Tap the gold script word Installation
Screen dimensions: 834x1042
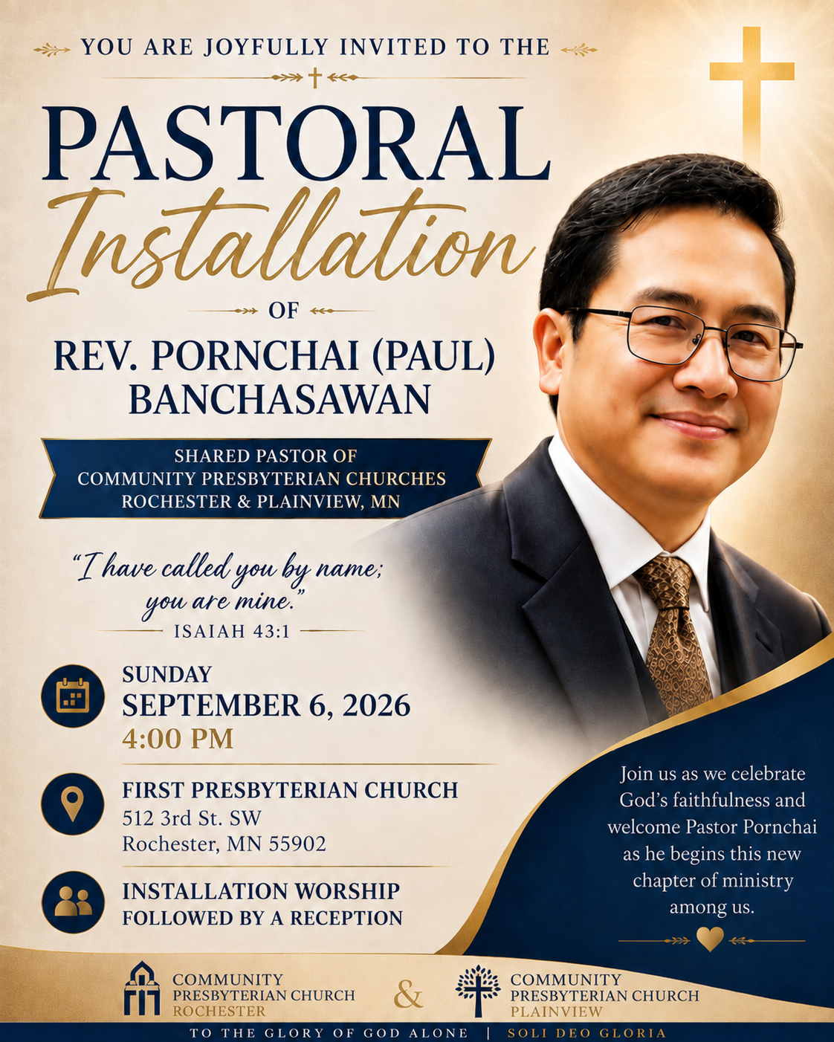(x=281, y=242)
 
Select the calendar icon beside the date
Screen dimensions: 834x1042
(x=73, y=696)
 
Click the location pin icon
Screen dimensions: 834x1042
(x=73, y=803)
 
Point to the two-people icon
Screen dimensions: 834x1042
(x=73, y=902)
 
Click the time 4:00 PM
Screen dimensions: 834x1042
(x=178, y=740)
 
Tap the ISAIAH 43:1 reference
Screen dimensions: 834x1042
(x=231, y=632)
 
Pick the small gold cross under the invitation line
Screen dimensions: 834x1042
(x=315, y=77)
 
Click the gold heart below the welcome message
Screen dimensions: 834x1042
(x=710, y=939)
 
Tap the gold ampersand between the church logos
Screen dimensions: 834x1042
(x=408, y=994)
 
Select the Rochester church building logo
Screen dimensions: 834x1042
(x=141, y=988)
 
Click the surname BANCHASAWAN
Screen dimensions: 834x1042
(x=279, y=399)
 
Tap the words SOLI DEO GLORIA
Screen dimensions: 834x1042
(x=586, y=1033)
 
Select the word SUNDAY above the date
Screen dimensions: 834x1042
(x=167, y=675)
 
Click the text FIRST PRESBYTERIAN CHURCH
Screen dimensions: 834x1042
(x=290, y=790)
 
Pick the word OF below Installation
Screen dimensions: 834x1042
(x=284, y=311)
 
